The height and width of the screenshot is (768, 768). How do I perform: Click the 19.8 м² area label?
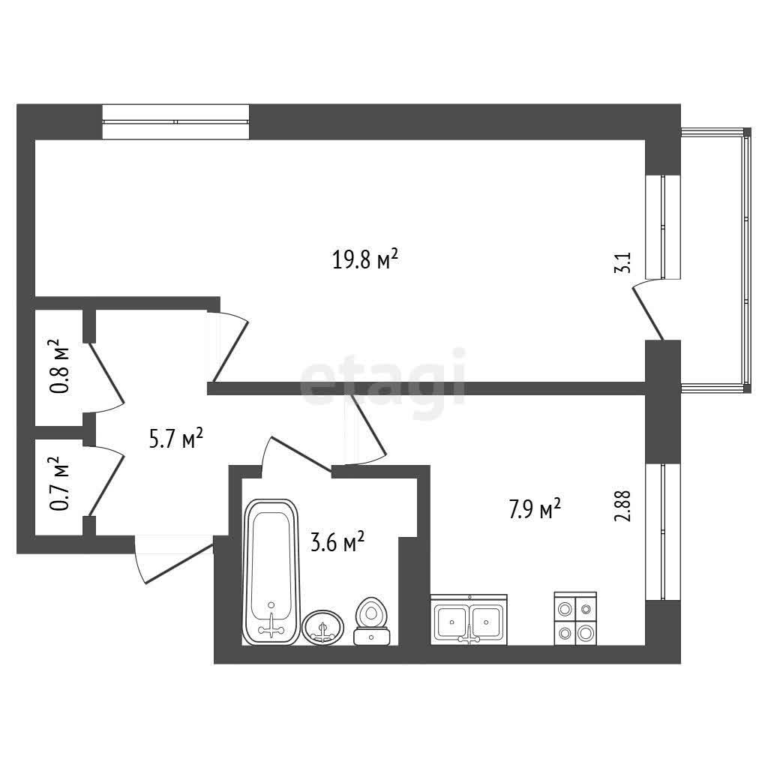[x=364, y=260]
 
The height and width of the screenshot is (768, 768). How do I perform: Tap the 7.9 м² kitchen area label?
[x=535, y=511]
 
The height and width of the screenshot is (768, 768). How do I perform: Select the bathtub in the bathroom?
[x=271, y=570]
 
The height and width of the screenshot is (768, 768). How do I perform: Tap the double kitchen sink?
[x=469, y=619]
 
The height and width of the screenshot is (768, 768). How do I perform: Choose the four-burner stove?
[x=575, y=619]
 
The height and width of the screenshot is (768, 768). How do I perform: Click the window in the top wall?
[x=175, y=121]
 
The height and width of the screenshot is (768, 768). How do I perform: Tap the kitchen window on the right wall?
[x=663, y=532]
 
